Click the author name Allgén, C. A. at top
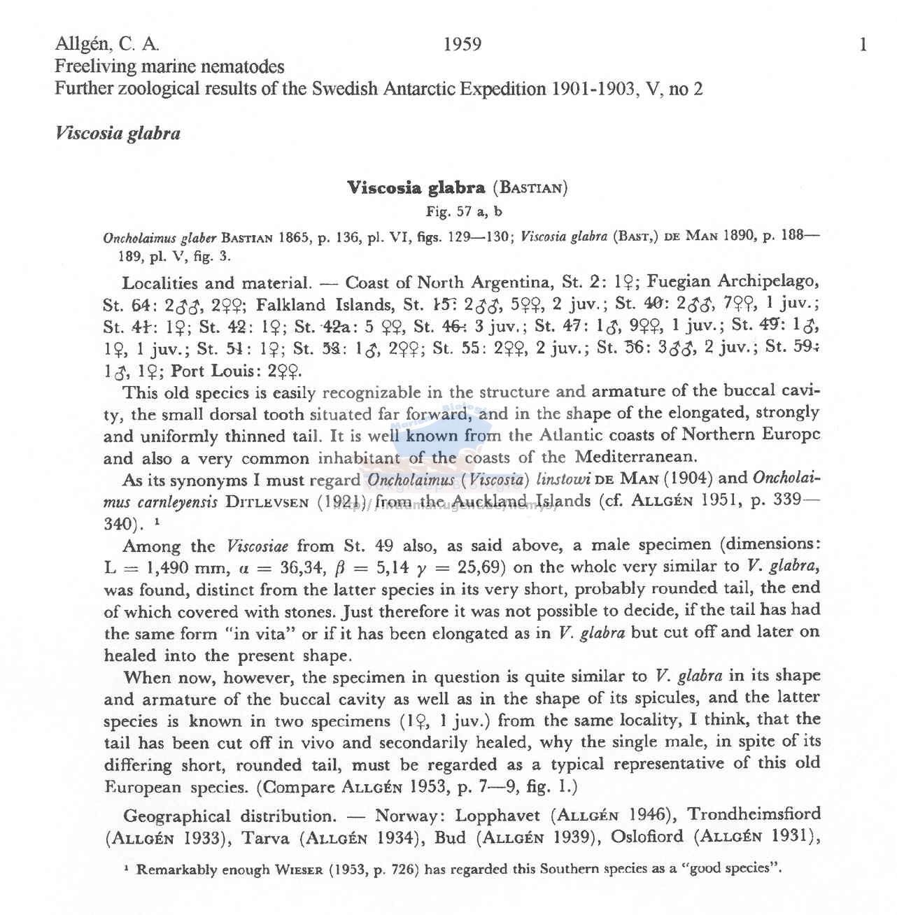(x=107, y=45)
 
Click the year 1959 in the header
(x=462, y=45)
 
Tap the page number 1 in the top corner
(x=863, y=45)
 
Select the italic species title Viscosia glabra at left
(x=118, y=134)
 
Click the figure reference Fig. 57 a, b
(x=464, y=211)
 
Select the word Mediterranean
(x=636, y=457)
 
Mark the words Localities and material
(x=216, y=283)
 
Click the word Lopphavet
(x=497, y=816)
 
